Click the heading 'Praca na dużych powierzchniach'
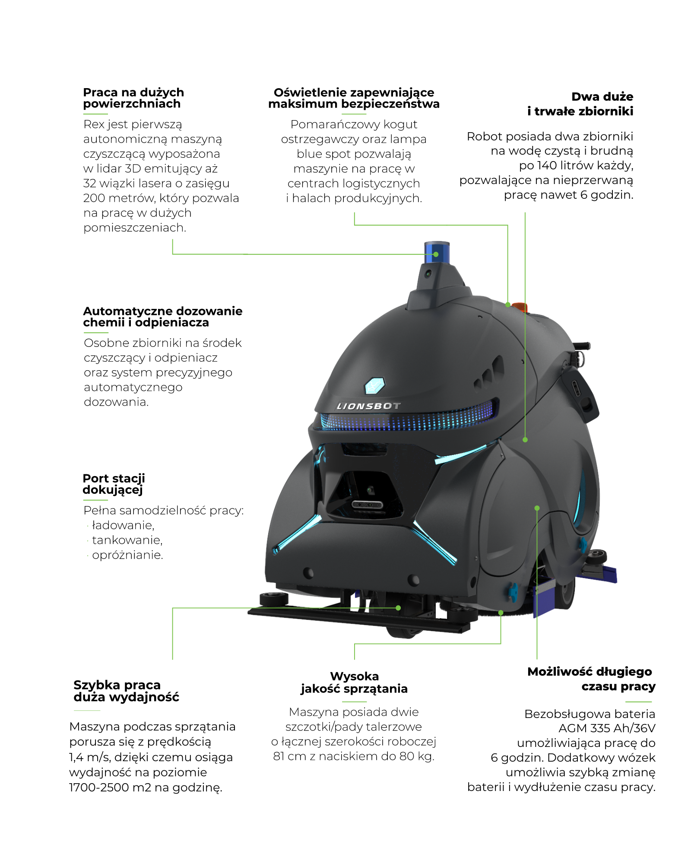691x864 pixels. (133, 98)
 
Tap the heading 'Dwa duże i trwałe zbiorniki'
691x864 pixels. (580, 104)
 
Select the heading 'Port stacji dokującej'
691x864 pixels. (114, 484)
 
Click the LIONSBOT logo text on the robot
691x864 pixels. (368, 406)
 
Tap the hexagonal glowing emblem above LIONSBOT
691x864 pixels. (374, 385)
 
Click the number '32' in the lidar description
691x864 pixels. (90, 184)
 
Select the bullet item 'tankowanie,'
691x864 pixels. (127, 540)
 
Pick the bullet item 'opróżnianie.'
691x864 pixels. (127, 555)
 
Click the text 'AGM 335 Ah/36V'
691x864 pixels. (607, 728)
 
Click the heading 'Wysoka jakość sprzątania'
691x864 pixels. (354, 683)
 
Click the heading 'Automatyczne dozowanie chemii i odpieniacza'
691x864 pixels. (162, 317)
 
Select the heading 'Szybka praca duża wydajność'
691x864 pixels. (126, 691)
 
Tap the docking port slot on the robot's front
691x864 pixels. (367, 505)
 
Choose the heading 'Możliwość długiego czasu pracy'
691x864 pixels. (591, 679)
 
